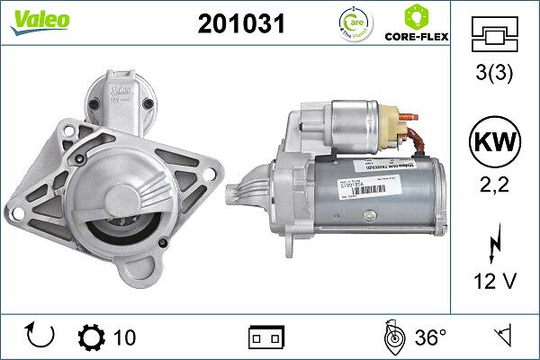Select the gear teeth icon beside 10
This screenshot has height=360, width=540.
(93, 337)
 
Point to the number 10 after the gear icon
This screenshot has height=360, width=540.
(125, 337)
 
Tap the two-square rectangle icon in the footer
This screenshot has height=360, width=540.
(265, 337)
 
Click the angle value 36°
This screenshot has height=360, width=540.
(430, 337)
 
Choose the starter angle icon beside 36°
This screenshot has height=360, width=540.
(391, 337)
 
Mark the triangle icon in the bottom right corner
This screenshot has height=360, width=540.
(503, 337)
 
